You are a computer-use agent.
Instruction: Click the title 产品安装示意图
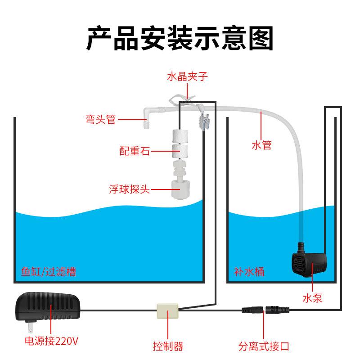(x=180, y=38)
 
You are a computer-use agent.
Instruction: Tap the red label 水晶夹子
(x=187, y=76)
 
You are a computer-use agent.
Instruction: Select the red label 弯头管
(x=101, y=119)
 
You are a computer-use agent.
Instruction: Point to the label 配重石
(x=135, y=151)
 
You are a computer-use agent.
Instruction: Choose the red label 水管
(x=261, y=145)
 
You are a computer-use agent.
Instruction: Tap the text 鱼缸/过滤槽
(x=49, y=272)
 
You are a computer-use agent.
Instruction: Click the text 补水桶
(x=249, y=272)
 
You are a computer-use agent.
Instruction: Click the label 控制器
(x=168, y=346)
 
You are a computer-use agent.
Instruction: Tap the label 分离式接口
(x=264, y=346)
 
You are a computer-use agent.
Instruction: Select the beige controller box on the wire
(x=167, y=310)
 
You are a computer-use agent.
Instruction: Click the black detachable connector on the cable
(x=266, y=310)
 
